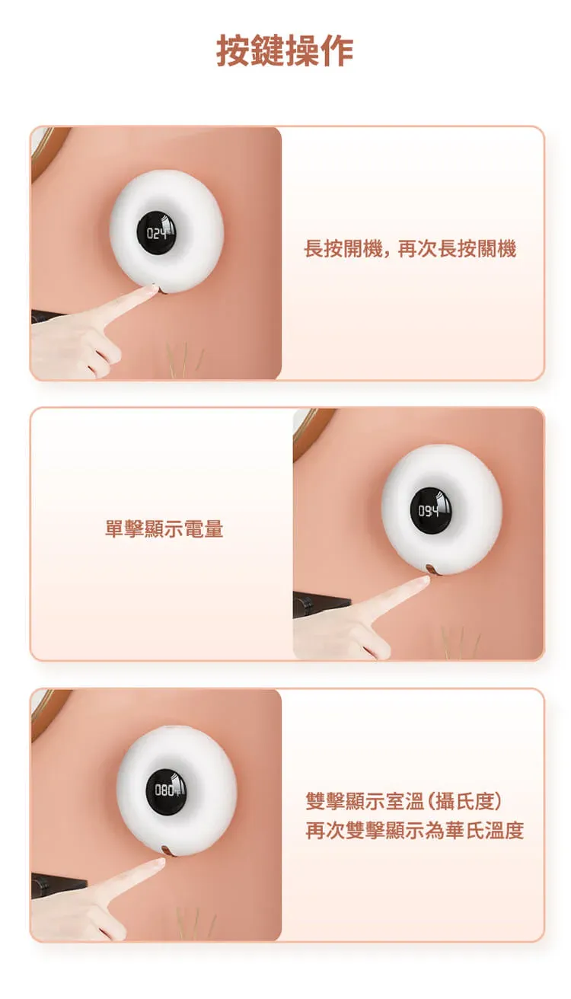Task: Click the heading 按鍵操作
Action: tap(285, 51)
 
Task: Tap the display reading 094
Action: tap(430, 511)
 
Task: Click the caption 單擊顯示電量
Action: tap(164, 529)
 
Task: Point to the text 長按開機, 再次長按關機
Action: tap(410, 248)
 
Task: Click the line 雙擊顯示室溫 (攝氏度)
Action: tap(404, 802)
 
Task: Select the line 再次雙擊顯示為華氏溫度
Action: tap(414, 831)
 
